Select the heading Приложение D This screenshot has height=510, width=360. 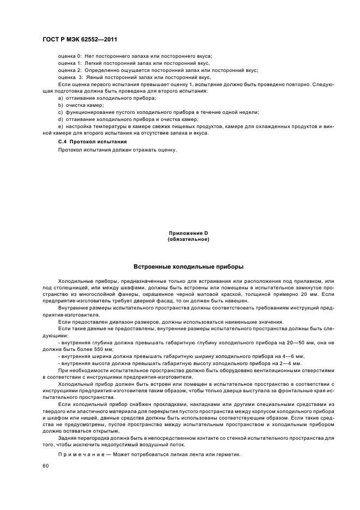[x=188, y=233]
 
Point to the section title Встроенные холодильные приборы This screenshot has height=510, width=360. [x=188, y=266]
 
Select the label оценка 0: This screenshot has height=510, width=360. [x=70, y=56]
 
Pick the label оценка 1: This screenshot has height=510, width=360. [x=70, y=63]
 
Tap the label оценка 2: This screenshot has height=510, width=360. [x=70, y=70]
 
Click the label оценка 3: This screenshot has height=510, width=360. [x=70, y=77]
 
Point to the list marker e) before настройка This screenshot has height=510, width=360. [x=60, y=126]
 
